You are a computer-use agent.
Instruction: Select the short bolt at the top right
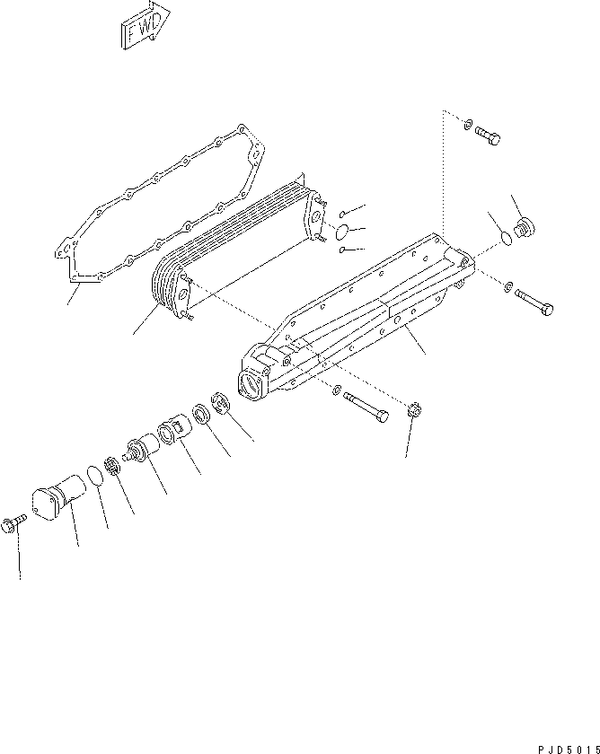click(486, 136)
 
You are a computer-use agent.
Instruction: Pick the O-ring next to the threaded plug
click(506, 239)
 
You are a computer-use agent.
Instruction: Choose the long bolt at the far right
click(535, 304)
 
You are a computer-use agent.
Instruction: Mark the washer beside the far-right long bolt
click(509, 287)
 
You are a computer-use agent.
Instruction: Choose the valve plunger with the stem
click(138, 448)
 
